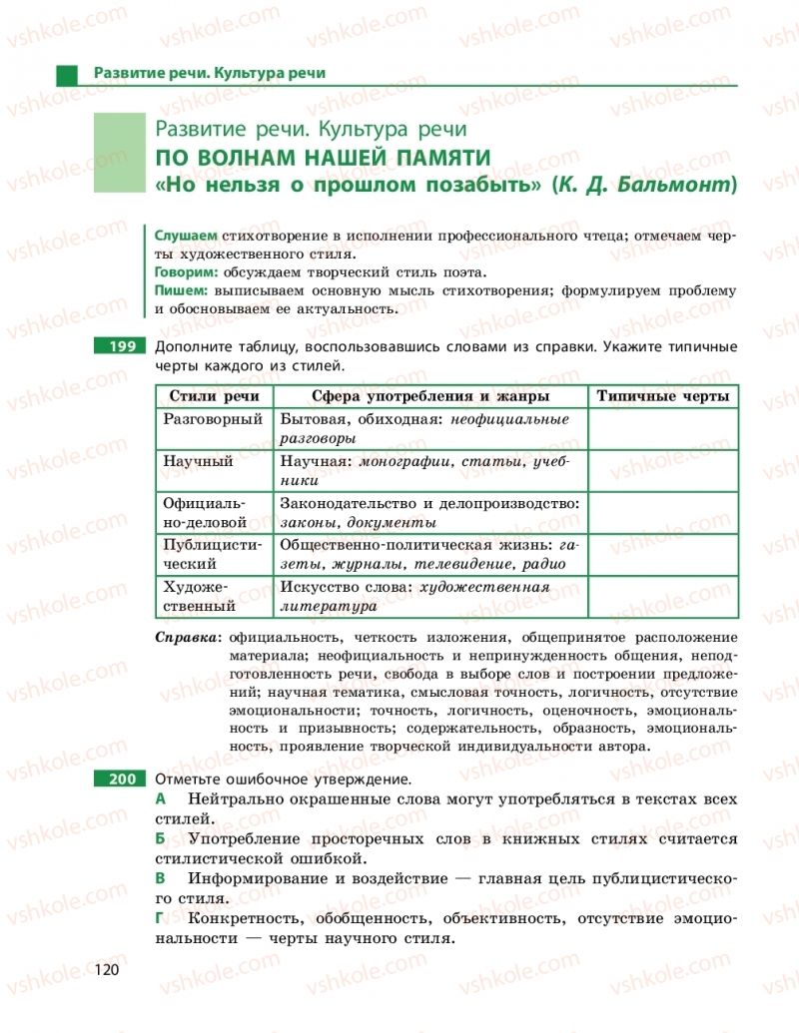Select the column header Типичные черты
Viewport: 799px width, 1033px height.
(x=662, y=396)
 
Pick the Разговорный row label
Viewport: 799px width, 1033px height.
(x=213, y=420)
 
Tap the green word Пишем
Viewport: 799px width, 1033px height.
(x=180, y=290)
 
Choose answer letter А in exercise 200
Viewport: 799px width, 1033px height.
(x=160, y=799)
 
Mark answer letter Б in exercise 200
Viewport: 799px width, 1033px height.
(x=160, y=839)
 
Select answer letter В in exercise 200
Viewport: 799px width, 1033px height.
(x=160, y=878)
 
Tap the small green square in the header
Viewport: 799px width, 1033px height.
(x=67, y=74)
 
